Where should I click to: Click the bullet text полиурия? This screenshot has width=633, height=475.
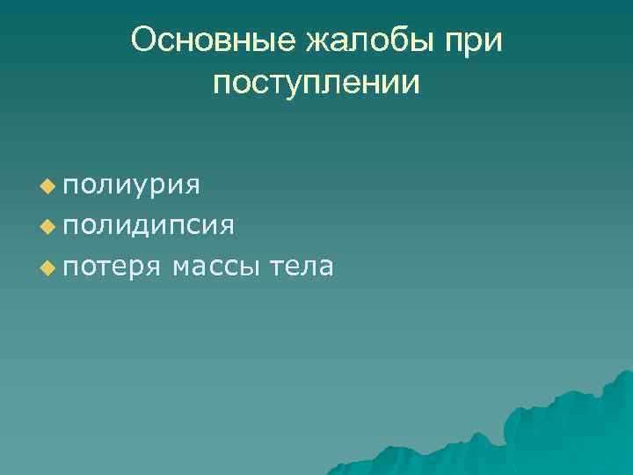132,186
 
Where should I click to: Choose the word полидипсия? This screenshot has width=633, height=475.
149,226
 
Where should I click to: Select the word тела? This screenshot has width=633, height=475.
302,267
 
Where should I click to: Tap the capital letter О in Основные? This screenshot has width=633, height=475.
143,40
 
